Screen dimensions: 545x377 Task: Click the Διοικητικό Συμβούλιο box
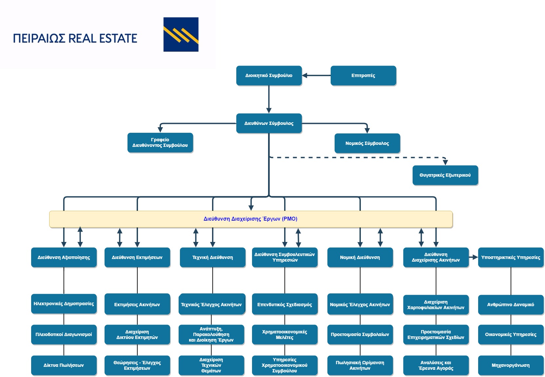(269, 75)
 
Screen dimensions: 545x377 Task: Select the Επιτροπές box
(363, 75)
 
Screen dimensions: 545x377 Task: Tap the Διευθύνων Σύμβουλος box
(269, 123)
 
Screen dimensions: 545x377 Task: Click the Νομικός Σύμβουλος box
(367, 143)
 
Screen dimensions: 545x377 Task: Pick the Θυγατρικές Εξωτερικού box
(445, 175)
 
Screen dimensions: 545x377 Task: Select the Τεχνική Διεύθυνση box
(213, 257)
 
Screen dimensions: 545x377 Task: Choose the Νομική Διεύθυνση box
(360, 257)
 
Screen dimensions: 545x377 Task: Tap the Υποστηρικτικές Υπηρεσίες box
(511, 257)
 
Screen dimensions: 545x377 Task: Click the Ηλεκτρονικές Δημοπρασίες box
(64, 304)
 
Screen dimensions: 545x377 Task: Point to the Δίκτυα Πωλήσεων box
(64, 365)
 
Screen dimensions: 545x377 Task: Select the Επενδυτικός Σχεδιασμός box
(285, 304)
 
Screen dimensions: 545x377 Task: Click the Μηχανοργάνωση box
(511, 365)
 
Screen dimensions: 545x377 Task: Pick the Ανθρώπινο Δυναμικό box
(511, 305)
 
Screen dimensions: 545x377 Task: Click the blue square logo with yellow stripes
(181, 34)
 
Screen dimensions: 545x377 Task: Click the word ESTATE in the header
(118, 38)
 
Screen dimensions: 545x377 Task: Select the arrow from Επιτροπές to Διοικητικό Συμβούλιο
(316, 75)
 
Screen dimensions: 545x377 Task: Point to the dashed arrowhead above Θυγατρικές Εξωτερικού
(445, 162)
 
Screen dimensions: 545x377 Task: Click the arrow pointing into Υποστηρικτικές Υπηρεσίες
(474, 257)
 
